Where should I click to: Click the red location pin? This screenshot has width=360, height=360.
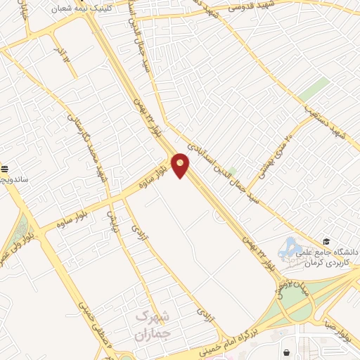(181, 165)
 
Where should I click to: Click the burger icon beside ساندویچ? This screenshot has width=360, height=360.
(5, 169)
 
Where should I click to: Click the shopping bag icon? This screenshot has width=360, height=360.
(286, 352)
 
